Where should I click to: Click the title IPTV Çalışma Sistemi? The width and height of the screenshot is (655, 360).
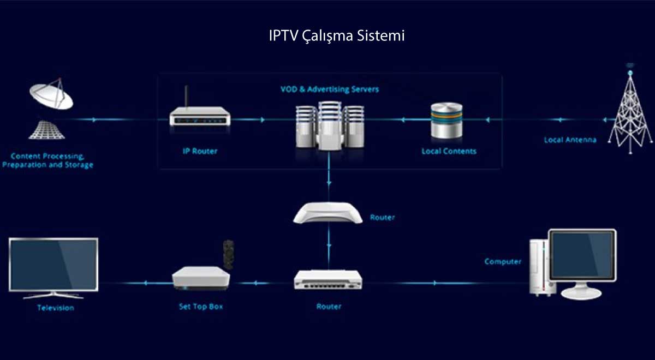click(x=336, y=36)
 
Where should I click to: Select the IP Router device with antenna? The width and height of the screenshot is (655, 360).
click(x=199, y=115)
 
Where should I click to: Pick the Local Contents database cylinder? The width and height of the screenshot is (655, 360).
click(x=446, y=121)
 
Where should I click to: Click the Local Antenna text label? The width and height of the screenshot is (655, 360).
click(x=570, y=140)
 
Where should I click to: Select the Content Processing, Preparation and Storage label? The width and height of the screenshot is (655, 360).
click(x=47, y=160)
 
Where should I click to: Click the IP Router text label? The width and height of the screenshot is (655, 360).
click(x=199, y=151)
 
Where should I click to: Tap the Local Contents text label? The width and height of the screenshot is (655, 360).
click(x=449, y=151)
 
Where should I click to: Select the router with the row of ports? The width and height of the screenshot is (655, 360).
click(x=328, y=280)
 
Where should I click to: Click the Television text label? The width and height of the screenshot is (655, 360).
click(x=55, y=308)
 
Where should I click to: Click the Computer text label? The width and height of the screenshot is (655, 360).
click(x=503, y=262)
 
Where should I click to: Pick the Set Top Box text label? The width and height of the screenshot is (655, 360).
click(x=201, y=307)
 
